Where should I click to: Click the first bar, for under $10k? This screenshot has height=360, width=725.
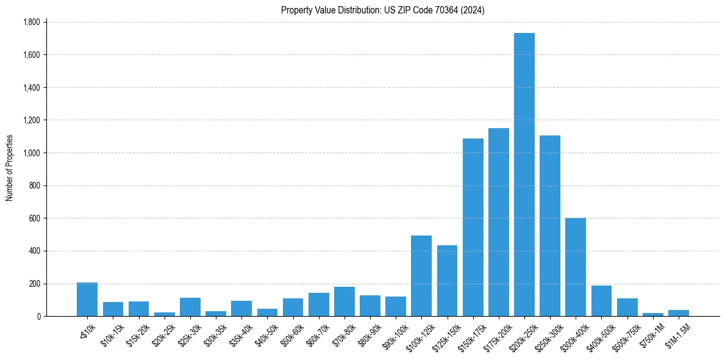tap(87, 300)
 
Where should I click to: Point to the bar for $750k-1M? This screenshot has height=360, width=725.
tap(652, 314)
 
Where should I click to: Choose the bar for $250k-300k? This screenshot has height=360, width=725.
tap(550, 226)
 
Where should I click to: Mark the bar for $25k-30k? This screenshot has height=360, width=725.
tap(190, 307)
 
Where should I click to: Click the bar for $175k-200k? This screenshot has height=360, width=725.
tap(499, 222)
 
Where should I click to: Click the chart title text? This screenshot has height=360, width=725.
tap(382, 10)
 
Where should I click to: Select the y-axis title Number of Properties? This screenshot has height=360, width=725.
tap(10, 168)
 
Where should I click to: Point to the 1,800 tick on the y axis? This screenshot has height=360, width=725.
tap(31, 22)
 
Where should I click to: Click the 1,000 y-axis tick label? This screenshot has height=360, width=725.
tap(31, 153)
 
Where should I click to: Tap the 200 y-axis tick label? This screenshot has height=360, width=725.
tap(35, 284)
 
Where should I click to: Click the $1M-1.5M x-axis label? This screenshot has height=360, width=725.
tap(677, 333)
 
